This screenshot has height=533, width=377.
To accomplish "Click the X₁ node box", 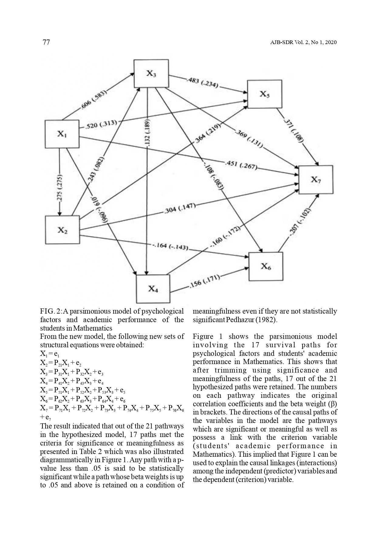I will (62, 134).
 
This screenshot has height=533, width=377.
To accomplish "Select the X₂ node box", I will (62, 230).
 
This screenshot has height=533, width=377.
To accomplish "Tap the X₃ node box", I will (151, 73).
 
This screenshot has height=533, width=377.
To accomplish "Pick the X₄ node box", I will (153, 288).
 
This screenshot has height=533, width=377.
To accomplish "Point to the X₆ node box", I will (266, 266).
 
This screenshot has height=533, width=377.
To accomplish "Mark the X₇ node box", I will (316, 180).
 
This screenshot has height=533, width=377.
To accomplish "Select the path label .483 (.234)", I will (202, 83).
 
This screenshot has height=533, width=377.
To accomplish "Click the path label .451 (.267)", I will (241, 165).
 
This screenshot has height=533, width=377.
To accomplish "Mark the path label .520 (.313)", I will (101, 124).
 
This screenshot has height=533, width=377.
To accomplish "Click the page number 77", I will (46, 42).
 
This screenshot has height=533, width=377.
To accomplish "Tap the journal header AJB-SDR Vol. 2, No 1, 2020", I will (303, 43).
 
